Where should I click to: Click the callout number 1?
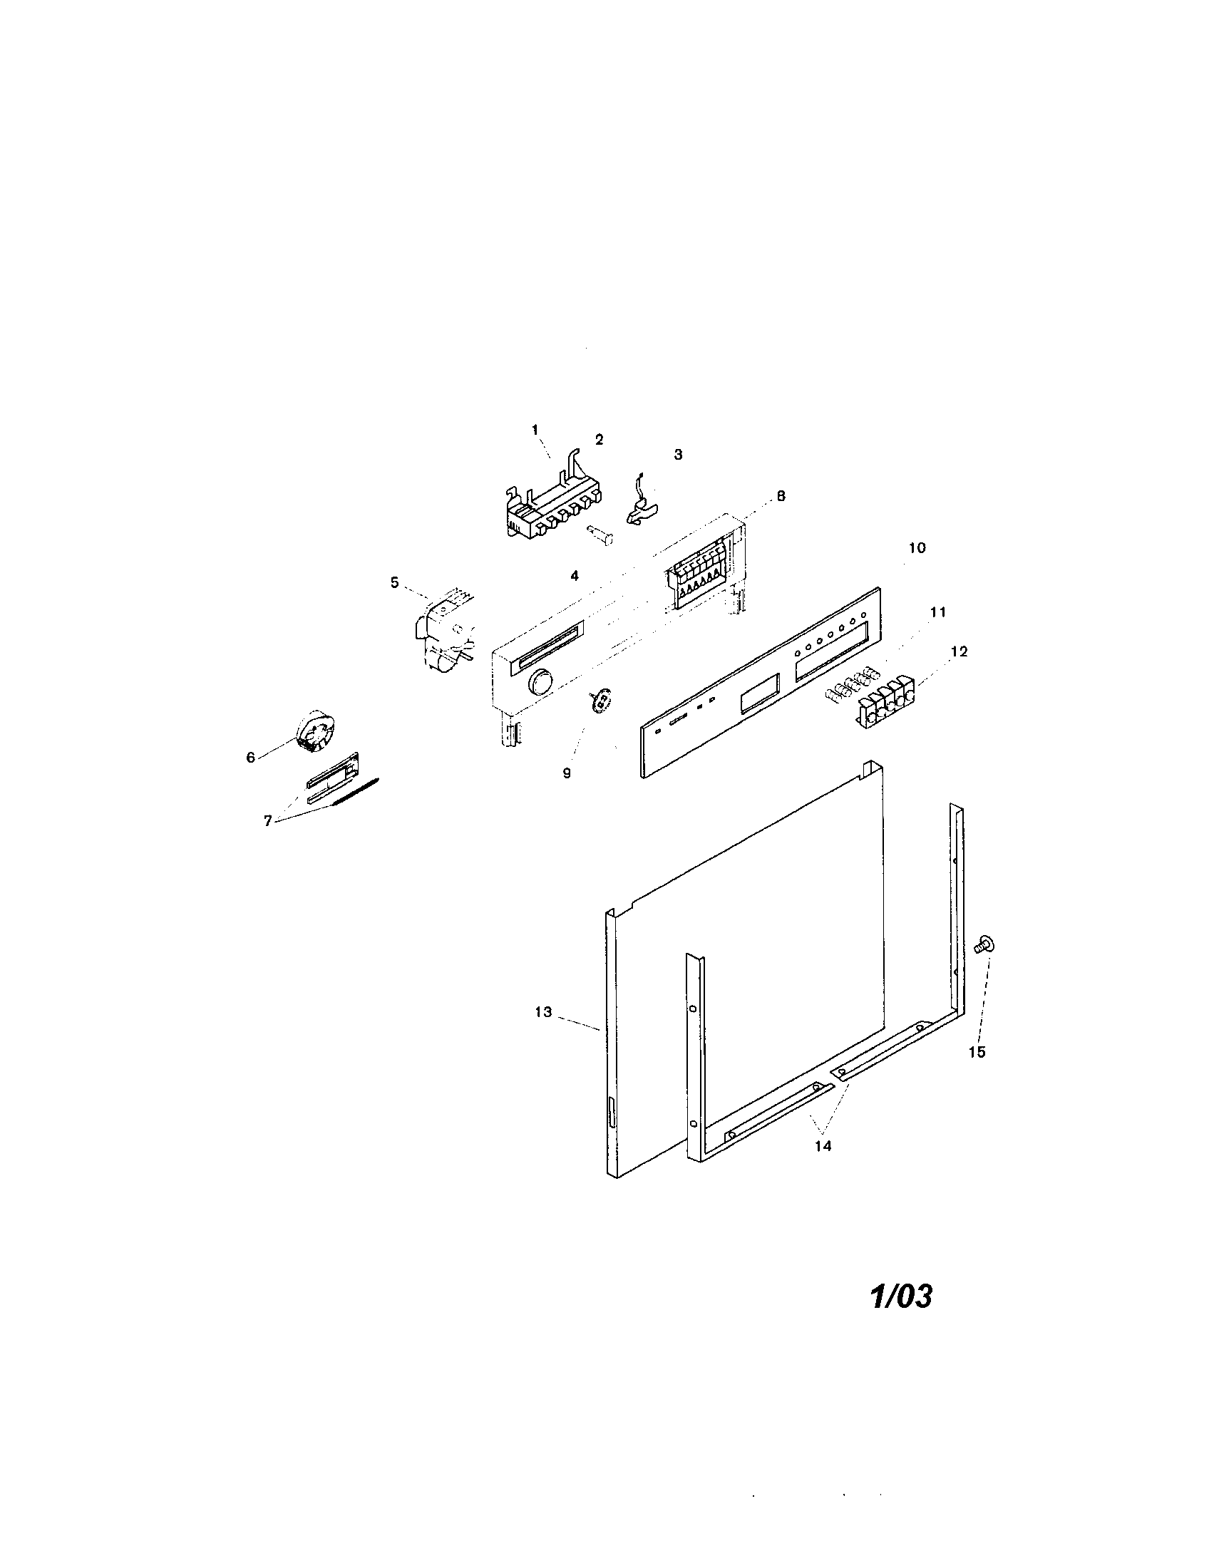[x=535, y=428]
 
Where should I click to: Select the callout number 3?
[x=678, y=455]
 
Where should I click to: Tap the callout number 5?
[x=394, y=582]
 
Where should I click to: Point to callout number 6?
[x=250, y=758]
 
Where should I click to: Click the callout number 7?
[x=267, y=821]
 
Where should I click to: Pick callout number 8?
[x=781, y=495]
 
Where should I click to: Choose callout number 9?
[x=567, y=773]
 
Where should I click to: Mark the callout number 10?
[x=917, y=548]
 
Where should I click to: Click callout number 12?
[x=960, y=651]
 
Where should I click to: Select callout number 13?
[x=542, y=1011]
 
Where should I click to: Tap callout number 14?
[x=823, y=1147]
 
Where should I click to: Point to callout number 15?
[x=977, y=1052]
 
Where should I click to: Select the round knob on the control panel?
[x=541, y=681]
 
